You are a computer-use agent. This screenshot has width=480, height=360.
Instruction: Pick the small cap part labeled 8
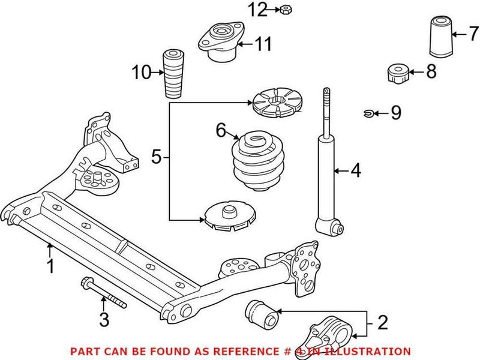[x=397, y=74]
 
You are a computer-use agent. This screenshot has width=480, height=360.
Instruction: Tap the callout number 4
[x=356, y=172]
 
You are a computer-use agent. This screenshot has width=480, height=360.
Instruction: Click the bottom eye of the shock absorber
[x=330, y=227]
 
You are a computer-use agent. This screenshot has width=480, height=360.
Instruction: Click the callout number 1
[x=50, y=266]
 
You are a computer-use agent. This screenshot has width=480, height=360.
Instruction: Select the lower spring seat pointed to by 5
[x=229, y=217]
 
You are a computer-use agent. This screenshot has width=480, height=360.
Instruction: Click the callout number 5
[x=156, y=158]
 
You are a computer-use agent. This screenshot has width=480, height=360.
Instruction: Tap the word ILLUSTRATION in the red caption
[x=372, y=351]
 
